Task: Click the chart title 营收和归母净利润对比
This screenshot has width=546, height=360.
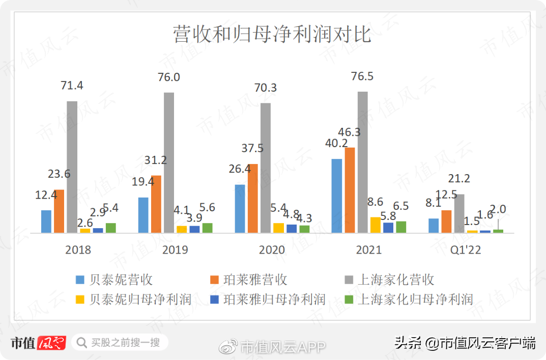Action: pos(273,35)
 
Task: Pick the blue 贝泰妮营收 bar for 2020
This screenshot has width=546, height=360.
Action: pos(240,209)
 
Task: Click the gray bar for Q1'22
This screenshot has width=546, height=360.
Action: pos(459,213)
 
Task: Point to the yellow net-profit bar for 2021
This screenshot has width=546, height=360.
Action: pos(375,225)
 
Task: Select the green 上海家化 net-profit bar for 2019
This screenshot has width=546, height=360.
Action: pos(207,228)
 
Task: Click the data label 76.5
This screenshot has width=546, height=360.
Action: pos(362,76)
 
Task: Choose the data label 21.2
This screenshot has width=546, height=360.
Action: pos(459,179)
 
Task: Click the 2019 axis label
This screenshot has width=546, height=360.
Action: pos(175,250)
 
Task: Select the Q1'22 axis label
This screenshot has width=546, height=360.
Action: pos(466,250)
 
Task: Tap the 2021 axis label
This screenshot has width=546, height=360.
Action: pos(369,250)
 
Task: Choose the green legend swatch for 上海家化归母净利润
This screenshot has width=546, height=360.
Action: pos(349,299)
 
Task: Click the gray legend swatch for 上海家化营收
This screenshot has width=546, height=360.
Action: pos(349,280)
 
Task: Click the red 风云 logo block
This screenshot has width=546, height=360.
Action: pos(51,343)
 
